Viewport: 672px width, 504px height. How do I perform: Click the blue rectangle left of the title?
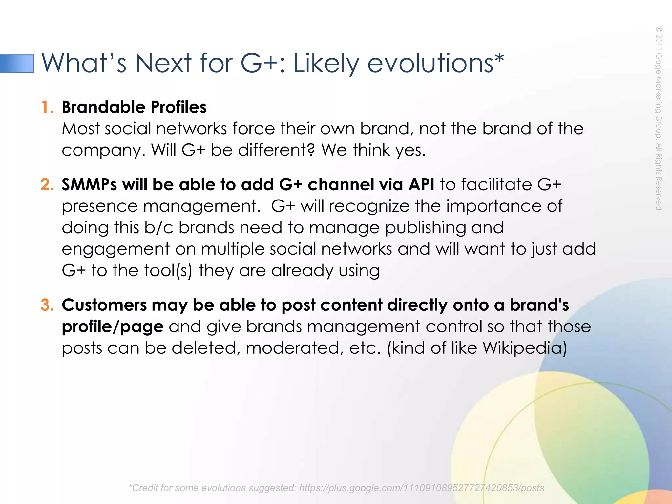pyautogui.click(x=17, y=63)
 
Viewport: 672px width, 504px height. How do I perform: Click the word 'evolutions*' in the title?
pyautogui.click(x=435, y=63)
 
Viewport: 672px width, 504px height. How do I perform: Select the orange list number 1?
pyautogui.click(x=48, y=107)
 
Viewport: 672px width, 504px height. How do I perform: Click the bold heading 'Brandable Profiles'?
pyautogui.click(x=134, y=107)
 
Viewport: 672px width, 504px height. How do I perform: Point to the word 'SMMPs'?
pyautogui.click(x=89, y=184)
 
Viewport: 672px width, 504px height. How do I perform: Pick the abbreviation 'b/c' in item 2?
pyautogui.click(x=158, y=227)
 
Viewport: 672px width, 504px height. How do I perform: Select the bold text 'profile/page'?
pyautogui.click(x=113, y=327)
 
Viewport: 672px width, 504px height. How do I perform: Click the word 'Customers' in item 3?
pyautogui.click(x=104, y=305)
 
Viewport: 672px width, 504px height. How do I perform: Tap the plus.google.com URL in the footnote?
pyautogui.click(x=421, y=488)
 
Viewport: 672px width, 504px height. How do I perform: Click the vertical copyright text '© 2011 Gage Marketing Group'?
pyautogui.click(x=659, y=82)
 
